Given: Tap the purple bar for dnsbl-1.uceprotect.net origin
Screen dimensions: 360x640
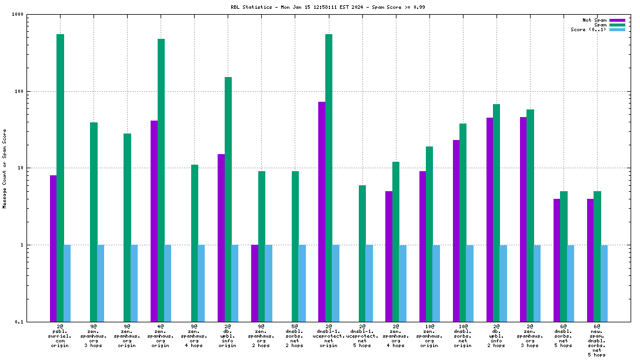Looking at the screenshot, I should pyautogui.click(x=322, y=212).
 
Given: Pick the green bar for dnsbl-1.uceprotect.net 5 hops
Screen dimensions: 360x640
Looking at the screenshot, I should pyautogui.click(x=362, y=254).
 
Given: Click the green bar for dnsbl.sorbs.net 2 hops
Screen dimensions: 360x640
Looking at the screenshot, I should pyautogui.click(x=295, y=246).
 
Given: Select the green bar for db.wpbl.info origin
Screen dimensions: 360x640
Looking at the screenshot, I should pyautogui.click(x=228, y=199).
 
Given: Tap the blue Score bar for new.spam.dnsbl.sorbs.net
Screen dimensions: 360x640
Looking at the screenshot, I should pyautogui.click(x=604, y=283).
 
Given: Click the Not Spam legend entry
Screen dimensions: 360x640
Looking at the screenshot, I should pyautogui.click(x=594, y=20).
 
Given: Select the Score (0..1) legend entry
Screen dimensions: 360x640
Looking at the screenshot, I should pyautogui.click(x=588, y=29).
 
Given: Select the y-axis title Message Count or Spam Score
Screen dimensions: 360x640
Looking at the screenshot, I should pyautogui.click(x=5, y=168).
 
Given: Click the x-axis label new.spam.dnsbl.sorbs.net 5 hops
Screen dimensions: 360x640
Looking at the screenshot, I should pyautogui.click(x=597, y=341).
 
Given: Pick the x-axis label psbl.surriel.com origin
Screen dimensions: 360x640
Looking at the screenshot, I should pyautogui.click(x=60, y=336).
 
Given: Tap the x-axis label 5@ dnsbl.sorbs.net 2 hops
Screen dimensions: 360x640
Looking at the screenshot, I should pyautogui.click(x=295, y=336).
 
